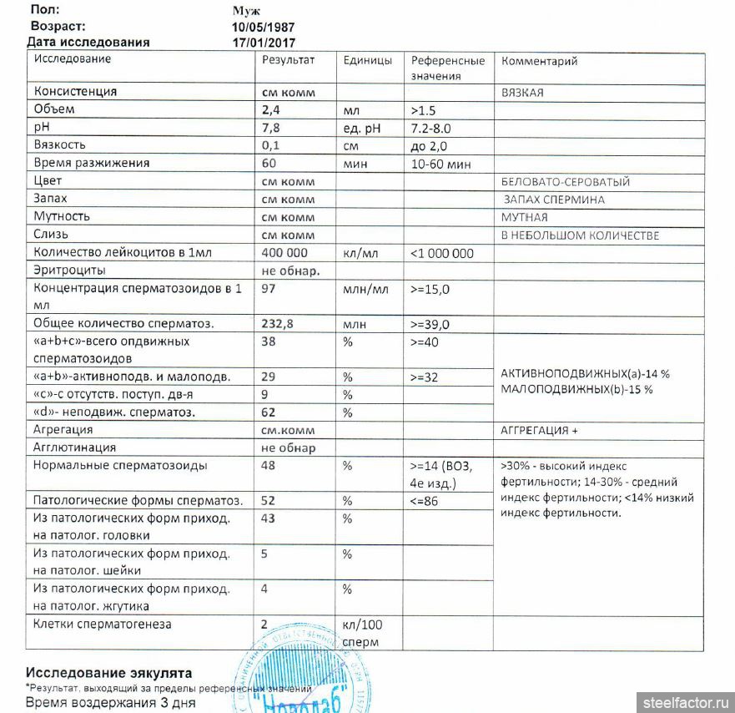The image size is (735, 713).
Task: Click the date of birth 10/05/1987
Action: [x=263, y=27]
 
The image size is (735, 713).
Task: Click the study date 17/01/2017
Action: [x=263, y=42]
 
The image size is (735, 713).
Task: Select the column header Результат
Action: [x=288, y=60]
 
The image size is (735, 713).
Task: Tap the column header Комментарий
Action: [x=539, y=61]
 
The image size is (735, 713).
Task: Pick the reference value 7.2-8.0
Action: [x=431, y=128]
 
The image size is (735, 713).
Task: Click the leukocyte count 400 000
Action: [x=284, y=253]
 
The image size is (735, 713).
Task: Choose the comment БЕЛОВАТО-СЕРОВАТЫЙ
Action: [x=565, y=182]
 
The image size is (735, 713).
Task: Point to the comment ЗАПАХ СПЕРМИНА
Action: [x=554, y=200]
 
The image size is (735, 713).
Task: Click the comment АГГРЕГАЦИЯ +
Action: [x=539, y=430]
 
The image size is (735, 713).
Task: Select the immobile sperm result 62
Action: [x=269, y=412]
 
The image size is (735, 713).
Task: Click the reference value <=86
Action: [x=425, y=501]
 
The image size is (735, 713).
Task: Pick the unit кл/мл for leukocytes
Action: [x=362, y=253]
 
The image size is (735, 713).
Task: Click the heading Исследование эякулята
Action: [x=108, y=672]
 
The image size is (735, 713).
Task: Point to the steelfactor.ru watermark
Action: [x=683, y=701]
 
